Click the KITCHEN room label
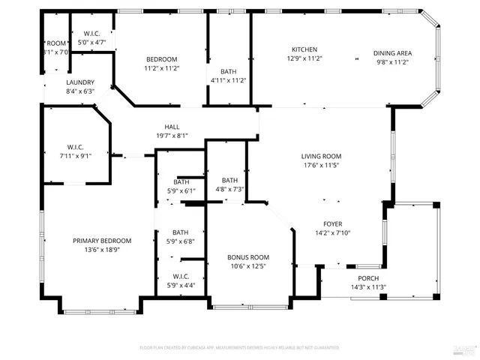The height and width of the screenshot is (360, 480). click(x=304, y=49)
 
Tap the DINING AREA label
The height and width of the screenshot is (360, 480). click(x=391, y=53)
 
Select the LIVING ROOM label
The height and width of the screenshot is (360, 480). click(x=322, y=156)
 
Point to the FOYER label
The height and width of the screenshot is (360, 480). click(x=332, y=223)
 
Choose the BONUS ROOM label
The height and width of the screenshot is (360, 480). click(x=248, y=257)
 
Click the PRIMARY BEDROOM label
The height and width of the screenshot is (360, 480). click(x=102, y=241)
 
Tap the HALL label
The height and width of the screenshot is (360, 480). click(x=172, y=127)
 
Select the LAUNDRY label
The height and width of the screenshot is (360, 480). click(x=80, y=82)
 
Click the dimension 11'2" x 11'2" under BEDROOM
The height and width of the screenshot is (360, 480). click(x=161, y=68)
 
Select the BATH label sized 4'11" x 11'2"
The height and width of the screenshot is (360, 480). click(x=228, y=71)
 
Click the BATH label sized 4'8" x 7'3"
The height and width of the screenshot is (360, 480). click(x=229, y=180)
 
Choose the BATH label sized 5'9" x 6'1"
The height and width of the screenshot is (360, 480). click(x=181, y=181)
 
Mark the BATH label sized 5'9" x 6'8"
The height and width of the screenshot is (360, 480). click(x=181, y=232)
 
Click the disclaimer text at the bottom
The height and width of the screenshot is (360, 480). click(x=239, y=348)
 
